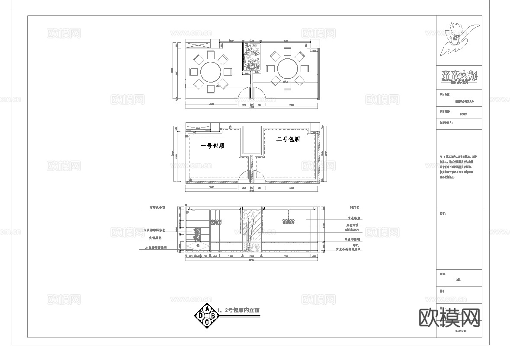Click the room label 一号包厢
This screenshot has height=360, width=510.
coord(212,146)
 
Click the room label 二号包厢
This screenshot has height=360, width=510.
coord(289,139)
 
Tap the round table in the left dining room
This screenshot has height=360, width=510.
coord(211,71)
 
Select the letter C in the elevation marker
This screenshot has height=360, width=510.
coord(207,322)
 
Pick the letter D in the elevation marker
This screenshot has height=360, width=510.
coord(201,316)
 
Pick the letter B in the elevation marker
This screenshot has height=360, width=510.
coord(214,316)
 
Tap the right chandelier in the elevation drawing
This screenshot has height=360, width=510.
coord(289,221)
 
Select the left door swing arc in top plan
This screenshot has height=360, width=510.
coord(245,92)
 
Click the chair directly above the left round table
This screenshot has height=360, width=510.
coord(211,54)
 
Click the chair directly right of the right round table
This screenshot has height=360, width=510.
coord(305,69)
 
